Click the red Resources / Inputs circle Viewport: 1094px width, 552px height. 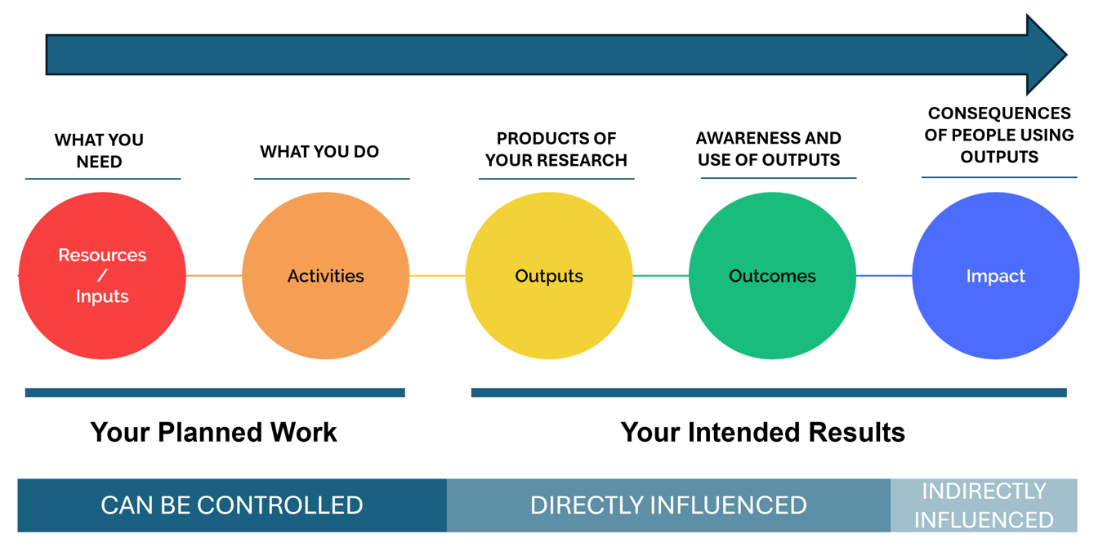103,276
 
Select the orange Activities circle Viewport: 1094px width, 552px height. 326,276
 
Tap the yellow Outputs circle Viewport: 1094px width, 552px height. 549,276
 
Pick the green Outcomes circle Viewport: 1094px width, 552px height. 772,276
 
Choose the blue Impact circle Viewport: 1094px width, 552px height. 996,276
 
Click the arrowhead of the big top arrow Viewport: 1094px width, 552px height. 1045,55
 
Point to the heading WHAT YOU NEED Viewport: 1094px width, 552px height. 99,150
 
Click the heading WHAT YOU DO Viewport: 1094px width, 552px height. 319,151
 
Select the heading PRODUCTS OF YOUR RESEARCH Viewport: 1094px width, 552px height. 556,149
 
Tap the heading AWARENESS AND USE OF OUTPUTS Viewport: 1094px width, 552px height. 769,149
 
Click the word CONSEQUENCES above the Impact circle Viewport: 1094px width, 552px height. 999,114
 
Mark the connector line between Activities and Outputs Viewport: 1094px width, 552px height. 438,276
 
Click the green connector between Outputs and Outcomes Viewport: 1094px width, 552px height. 661,276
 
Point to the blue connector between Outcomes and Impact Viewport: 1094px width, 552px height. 884,276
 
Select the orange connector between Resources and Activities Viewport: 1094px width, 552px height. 214,276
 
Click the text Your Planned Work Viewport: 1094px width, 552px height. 213,433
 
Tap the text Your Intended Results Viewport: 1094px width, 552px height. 763,433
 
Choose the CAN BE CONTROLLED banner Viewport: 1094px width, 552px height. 232,505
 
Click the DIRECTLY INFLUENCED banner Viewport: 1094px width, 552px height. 668,505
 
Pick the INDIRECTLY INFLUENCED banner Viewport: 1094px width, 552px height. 985,505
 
